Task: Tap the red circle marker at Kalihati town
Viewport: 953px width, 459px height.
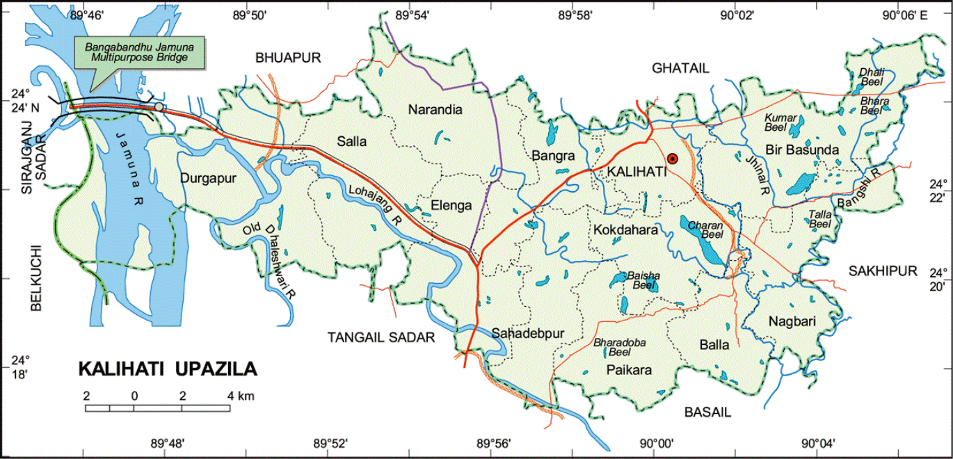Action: click(x=673, y=159)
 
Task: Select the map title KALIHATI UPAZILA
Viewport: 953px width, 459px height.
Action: click(x=167, y=369)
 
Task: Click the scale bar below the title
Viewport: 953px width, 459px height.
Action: click(x=158, y=408)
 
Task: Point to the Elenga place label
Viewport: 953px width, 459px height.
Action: click(x=451, y=206)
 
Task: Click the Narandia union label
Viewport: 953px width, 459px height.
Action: click(x=435, y=109)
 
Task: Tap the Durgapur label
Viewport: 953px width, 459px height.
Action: click(x=208, y=178)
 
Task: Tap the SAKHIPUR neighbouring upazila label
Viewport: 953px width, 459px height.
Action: click(x=883, y=271)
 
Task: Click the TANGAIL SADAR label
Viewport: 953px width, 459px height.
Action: click(x=381, y=337)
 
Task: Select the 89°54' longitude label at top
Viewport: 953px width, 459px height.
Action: click(x=410, y=13)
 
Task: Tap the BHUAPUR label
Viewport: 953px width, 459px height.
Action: click(x=287, y=58)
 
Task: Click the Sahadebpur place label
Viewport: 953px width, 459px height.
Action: click(x=527, y=333)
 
